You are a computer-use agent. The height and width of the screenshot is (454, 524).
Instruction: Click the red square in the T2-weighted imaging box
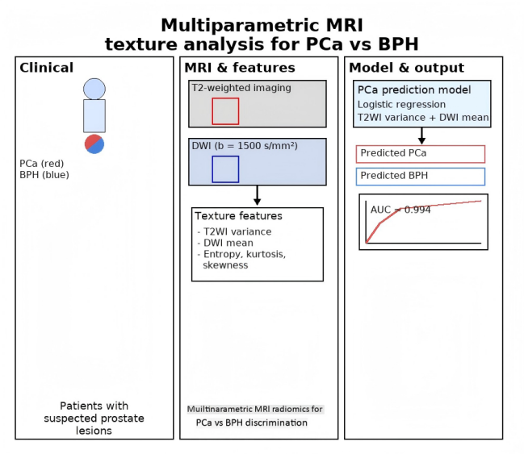click(x=225, y=110)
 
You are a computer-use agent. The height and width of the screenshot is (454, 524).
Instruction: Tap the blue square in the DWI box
click(x=225, y=169)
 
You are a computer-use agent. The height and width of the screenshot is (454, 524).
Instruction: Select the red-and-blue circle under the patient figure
click(x=94, y=144)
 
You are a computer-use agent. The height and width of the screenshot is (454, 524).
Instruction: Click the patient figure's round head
click(x=94, y=89)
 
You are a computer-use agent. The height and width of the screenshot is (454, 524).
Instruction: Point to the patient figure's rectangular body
click(x=94, y=115)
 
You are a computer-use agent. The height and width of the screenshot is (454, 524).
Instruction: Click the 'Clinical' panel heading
click(x=46, y=68)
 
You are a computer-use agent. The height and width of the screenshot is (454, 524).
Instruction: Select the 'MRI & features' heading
click(x=240, y=68)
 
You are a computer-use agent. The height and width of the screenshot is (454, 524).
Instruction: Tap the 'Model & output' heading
click(x=405, y=68)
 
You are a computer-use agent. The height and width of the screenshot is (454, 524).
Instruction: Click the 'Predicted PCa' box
click(x=420, y=153)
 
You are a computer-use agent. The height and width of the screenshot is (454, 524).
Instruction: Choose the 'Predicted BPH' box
click(x=420, y=176)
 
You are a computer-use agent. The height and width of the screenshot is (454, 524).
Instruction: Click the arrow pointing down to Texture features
click(x=257, y=196)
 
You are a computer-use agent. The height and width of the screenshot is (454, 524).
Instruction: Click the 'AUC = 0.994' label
click(x=400, y=210)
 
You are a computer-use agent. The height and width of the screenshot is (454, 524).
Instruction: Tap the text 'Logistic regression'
click(x=400, y=104)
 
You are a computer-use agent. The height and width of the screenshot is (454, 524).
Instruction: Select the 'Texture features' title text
click(x=239, y=216)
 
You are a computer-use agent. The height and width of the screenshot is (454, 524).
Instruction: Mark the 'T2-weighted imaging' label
click(x=240, y=88)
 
